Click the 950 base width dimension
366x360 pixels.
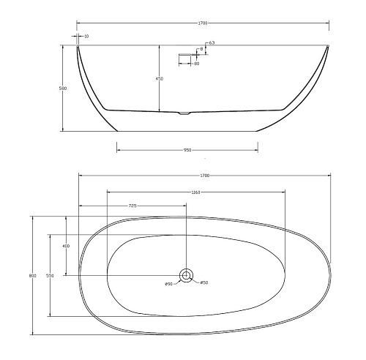187,151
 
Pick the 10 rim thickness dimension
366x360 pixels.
86,35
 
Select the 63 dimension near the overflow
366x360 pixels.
211,43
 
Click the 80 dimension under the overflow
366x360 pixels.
197,64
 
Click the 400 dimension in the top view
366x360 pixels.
67,246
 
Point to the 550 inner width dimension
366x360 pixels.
50,275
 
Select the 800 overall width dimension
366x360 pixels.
31,276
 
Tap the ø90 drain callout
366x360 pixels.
168,283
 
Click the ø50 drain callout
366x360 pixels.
204,283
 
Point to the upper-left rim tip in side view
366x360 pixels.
78,47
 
